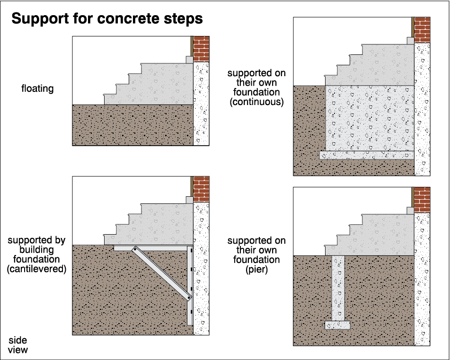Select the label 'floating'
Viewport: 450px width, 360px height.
[x=37, y=88]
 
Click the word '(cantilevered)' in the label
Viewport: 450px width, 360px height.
[x=36, y=269]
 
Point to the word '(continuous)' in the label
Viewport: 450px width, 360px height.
[x=256, y=102]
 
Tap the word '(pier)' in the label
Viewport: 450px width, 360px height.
[x=256, y=270]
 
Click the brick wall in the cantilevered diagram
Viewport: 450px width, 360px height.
[x=202, y=189]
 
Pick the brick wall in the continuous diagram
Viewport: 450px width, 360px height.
[x=422, y=29]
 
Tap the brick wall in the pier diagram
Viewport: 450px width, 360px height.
[x=422, y=199]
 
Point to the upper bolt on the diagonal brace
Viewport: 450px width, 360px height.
[x=134, y=249]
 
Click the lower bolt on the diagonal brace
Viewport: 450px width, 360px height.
[x=188, y=298]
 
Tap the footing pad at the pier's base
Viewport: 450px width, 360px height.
[x=337, y=325]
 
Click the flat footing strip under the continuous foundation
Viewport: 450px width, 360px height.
[x=367, y=155]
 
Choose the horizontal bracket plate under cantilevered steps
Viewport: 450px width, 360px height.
[x=151, y=247]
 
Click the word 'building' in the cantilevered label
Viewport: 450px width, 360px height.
[x=36, y=250]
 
